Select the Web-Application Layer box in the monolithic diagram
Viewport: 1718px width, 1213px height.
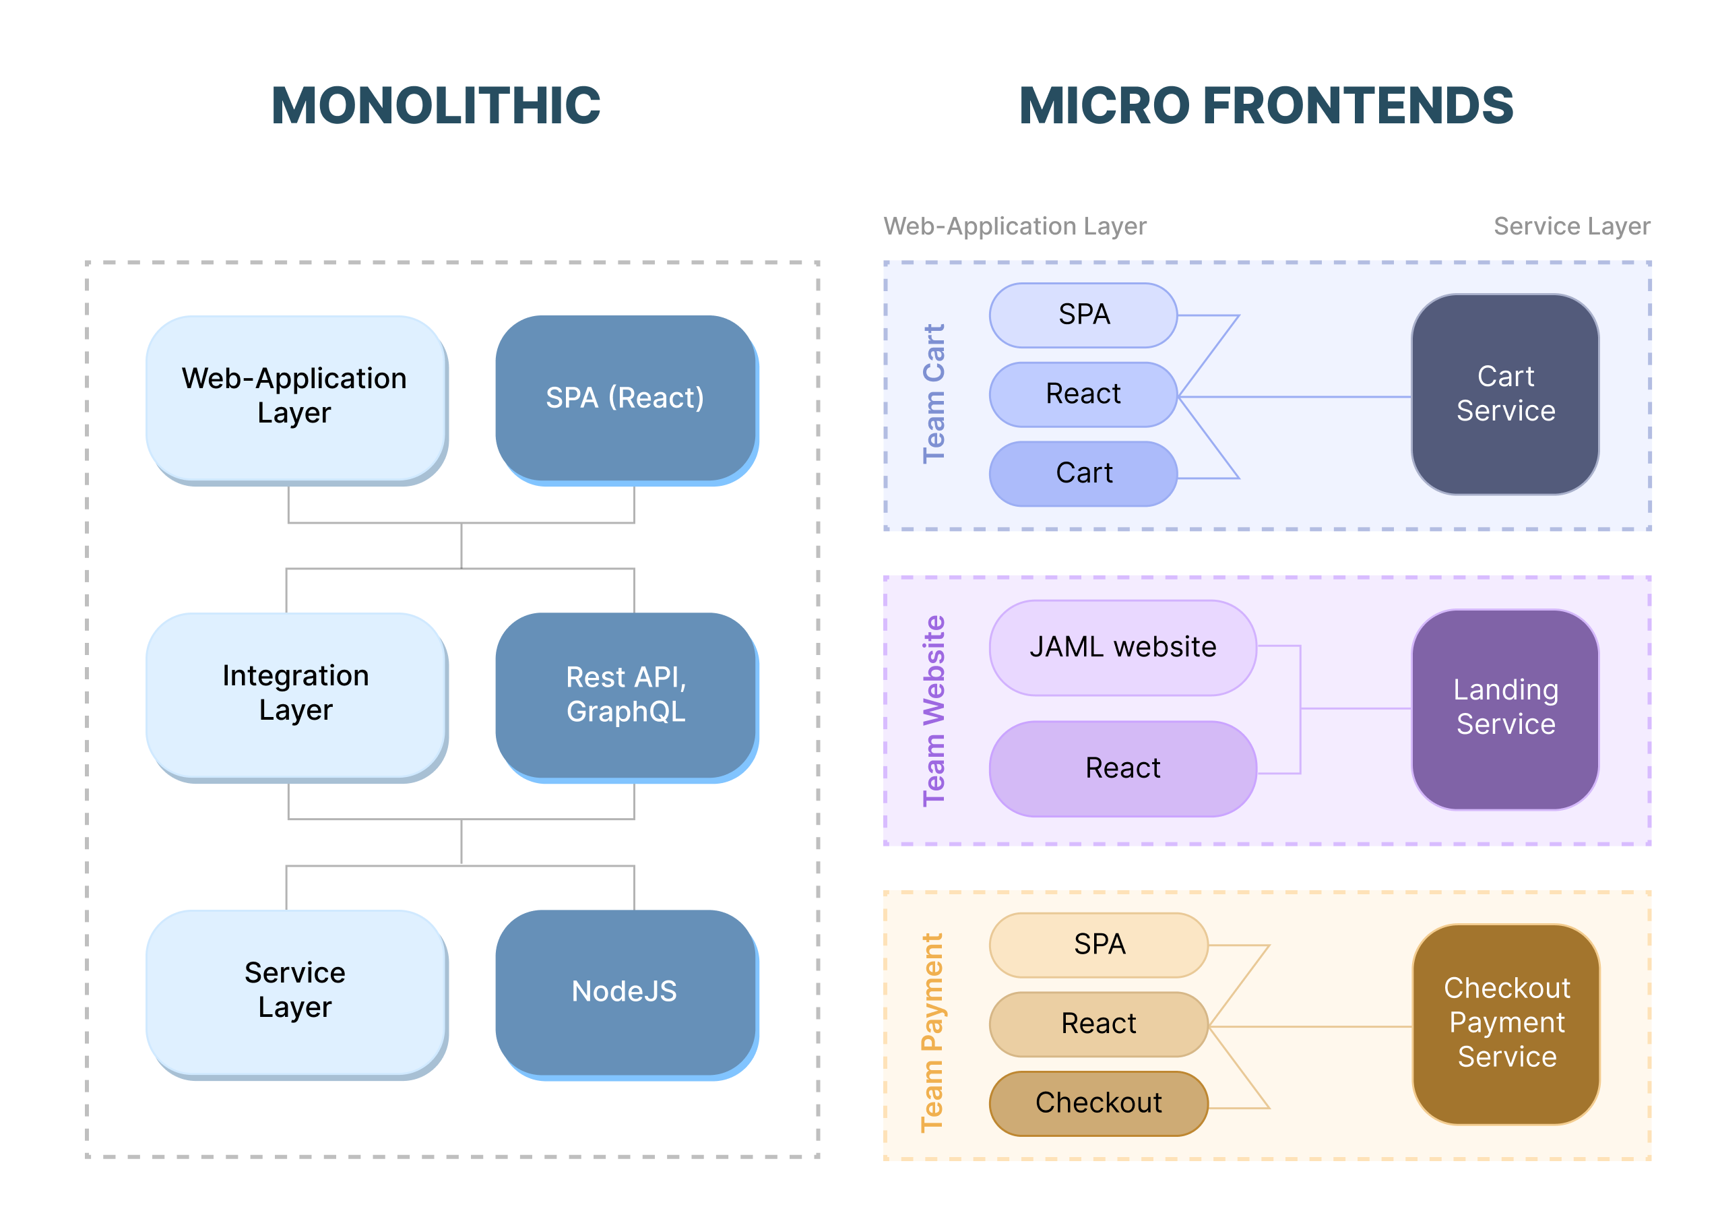coord(295,398)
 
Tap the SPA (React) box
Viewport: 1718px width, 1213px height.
coord(625,398)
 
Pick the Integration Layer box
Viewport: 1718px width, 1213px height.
coord(295,693)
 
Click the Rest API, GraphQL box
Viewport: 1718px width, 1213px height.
coord(625,693)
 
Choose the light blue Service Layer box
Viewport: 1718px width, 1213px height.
coord(295,991)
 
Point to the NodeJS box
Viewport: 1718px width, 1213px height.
coord(625,991)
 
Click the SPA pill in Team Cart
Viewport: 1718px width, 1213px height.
coord(1083,315)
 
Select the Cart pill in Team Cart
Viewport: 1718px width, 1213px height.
coord(1083,474)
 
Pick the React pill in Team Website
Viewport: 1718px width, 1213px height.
coord(1122,768)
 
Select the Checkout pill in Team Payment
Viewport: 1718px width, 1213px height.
coord(1097,1103)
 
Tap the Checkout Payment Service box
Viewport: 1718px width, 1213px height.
coord(1506,1023)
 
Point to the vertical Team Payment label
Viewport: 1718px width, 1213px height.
coord(932,1032)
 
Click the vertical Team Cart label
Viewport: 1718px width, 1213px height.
coord(934,394)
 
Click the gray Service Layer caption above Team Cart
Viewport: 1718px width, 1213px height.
coord(1570,226)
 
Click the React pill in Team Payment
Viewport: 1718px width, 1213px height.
coord(1097,1024)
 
